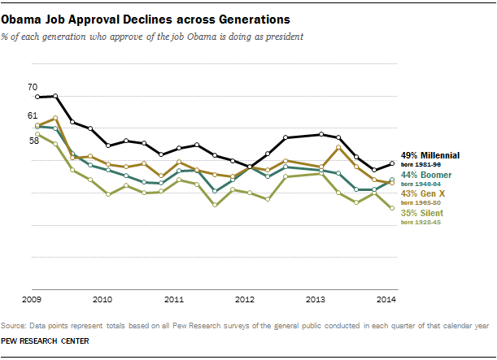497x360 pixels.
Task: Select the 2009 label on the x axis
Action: coord(32,300)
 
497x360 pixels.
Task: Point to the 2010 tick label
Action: coord(102,300)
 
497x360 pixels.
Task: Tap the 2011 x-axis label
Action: coord(173,300)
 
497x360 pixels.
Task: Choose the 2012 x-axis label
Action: coord(245,300)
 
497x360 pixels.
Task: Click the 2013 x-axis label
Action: coord(315,300)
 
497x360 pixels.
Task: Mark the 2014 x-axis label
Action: coord(386,300)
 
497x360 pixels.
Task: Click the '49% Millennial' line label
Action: coord(430,154)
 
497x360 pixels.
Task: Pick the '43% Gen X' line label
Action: coord(422,193)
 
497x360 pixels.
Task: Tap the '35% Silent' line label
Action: coord(424,213)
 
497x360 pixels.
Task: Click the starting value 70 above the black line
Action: coord(33,87)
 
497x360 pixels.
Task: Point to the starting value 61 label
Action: coord(33,116)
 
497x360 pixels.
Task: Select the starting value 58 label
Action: coord(33,141)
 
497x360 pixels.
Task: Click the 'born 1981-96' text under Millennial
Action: coord(419,164)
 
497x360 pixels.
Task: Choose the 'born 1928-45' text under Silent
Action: coord(419,223)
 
